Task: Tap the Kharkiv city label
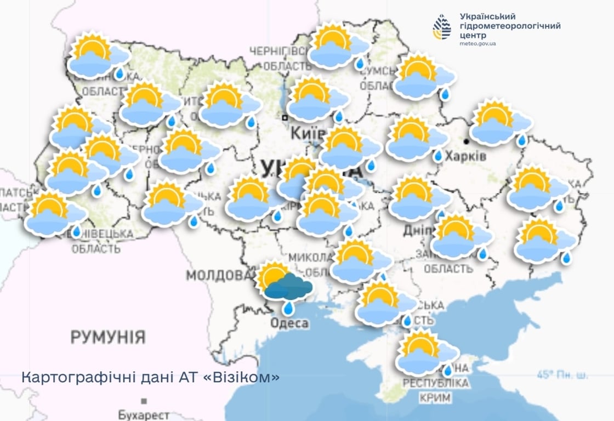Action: point(465,156)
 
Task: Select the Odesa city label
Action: point(289,323)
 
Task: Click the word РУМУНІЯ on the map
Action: point(108,337)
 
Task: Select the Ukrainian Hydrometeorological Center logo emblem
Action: point(441,27)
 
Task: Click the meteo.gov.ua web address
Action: point(477,43)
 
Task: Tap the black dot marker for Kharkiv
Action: point(466,141)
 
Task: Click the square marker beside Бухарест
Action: point(144,401)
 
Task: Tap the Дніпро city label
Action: point(418,230)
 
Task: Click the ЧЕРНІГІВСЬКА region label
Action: point(280,51)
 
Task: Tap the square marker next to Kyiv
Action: point(285,117)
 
